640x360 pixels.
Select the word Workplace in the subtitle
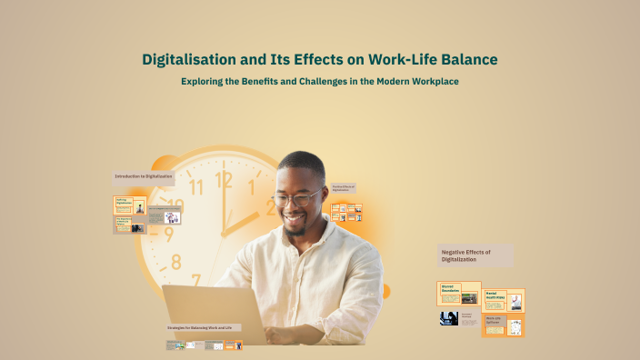431,82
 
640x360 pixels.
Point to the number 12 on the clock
224,180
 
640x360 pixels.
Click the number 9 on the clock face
168,234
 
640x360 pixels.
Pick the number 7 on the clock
195,281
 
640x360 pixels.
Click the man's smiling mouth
295,219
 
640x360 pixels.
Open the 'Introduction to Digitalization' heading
143,175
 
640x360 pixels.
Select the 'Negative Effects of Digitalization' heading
465,255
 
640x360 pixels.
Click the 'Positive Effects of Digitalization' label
344,188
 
